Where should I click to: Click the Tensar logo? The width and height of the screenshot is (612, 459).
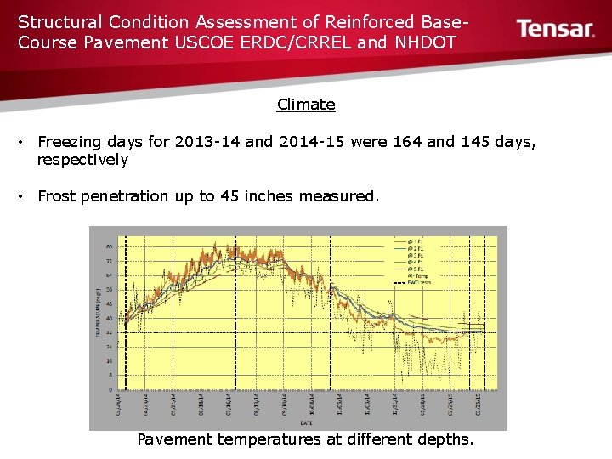(556, 29)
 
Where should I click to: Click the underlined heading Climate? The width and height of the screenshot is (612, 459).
(306, 105)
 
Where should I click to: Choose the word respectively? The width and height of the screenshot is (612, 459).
(82, 160)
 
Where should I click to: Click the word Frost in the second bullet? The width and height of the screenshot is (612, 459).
(57, 196)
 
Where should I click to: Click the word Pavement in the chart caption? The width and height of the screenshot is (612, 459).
(174, 439)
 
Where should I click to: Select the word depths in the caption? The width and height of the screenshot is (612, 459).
(445, 439)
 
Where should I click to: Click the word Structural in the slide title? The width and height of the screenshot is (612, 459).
(59, 21)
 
